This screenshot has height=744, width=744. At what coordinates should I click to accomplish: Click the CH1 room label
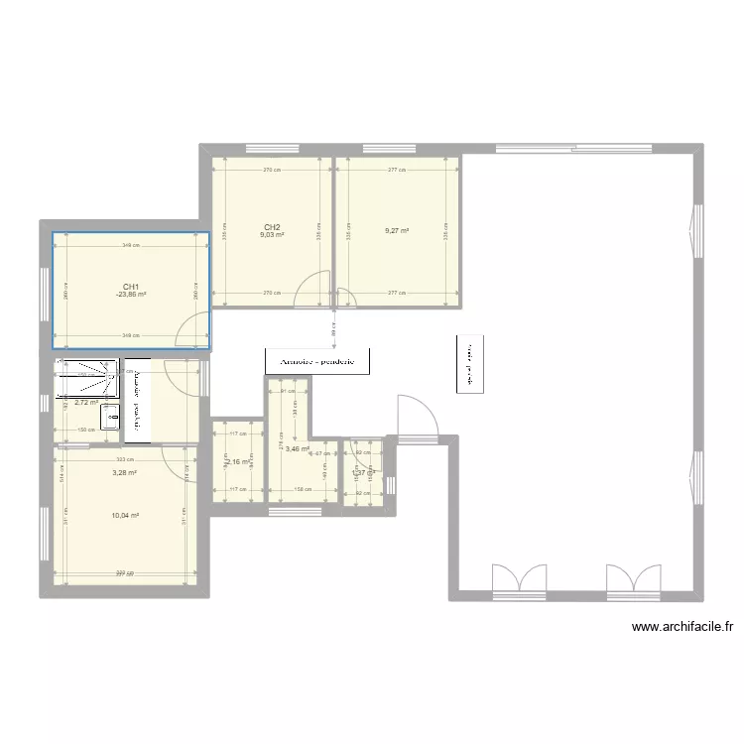130,286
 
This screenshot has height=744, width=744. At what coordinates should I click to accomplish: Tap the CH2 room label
272,227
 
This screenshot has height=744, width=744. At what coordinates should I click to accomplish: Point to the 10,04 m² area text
124,516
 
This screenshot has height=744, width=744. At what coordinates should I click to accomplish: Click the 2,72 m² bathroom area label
86,404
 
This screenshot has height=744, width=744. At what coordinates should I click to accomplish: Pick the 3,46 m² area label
297,448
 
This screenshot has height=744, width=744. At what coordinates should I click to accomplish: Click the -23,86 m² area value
130,295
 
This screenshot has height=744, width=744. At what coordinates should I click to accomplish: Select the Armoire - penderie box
317,361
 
